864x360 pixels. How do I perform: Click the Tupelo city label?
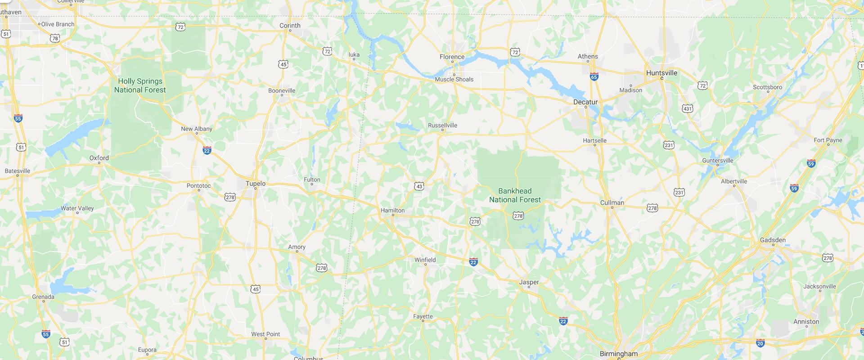(255, 184)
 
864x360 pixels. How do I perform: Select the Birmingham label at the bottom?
(618, 354)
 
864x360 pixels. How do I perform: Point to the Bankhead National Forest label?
(515, 195)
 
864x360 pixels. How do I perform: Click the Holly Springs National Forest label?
(140, 85)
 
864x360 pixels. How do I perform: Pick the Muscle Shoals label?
(454, 80)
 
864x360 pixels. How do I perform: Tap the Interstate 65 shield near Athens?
(594, 77)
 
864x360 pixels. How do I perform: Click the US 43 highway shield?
(419, 186)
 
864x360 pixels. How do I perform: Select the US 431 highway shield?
(687, 108)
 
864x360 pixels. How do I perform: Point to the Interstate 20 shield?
(760, 343)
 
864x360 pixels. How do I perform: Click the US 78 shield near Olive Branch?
(55, 38)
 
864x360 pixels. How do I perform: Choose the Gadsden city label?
(773, 240)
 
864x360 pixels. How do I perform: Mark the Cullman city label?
(612, 203)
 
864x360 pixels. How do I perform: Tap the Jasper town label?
(529, 283)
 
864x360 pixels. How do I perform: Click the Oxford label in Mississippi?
(99, 158)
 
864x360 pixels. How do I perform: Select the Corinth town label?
(290, 26)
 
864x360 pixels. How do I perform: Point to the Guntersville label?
(717, 161)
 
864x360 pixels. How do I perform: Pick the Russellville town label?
(442, 126)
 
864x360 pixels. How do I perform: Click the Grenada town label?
(43, 297)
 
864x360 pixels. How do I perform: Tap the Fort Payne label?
(828, 140)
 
